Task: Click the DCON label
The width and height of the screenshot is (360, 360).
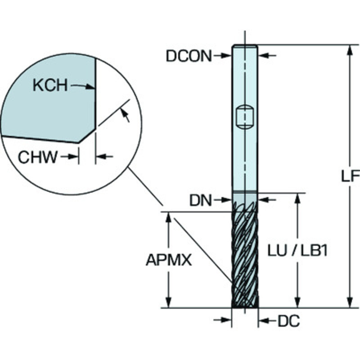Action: click(x=189, y=56)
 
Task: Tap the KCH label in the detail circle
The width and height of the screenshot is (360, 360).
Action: click(x=50, y=85)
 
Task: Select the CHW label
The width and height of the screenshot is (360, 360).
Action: click(x=38, y=157)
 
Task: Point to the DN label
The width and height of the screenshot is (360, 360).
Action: click(x=200, y=200)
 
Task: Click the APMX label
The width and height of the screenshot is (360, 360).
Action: click(x=169, y=260)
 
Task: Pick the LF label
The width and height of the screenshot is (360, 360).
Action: click(x=350, y=176)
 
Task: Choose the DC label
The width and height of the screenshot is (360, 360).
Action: click(x=289, y=321)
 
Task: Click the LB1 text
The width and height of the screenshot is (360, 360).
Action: click(x=314, y=251)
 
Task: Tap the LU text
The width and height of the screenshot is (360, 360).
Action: click(x=277, y=251)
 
